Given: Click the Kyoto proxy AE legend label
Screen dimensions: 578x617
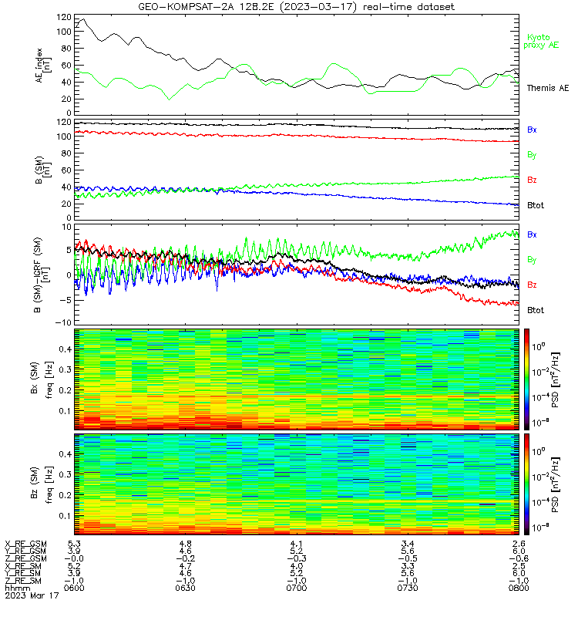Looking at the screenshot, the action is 541,42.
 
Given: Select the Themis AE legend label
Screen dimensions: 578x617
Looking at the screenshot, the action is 548,88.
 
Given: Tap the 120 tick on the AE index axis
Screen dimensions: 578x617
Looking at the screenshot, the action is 64,17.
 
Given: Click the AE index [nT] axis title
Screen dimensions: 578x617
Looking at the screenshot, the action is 43,66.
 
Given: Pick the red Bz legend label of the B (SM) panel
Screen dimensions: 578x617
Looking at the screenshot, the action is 532,180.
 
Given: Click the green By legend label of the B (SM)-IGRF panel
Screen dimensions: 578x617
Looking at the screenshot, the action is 532,260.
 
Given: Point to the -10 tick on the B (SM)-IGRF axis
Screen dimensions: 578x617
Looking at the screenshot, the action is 64,322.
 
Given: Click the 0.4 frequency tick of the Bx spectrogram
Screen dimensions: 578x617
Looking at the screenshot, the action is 65,349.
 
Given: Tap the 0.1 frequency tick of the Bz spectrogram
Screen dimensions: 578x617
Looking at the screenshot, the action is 65,515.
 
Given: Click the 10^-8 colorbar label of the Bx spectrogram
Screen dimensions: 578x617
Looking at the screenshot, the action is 539,423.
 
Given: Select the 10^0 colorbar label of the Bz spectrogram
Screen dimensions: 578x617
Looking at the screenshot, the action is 539,451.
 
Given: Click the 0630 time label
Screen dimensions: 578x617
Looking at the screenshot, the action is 185,588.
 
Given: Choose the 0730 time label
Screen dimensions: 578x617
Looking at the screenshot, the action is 408,588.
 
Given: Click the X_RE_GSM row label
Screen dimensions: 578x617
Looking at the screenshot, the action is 25,544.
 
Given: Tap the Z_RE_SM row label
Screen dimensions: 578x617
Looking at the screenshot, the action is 23,581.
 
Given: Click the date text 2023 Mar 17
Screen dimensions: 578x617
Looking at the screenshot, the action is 32,595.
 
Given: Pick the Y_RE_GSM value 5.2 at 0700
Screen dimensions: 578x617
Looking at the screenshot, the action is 297,551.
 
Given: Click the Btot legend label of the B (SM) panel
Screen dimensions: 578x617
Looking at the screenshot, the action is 536,205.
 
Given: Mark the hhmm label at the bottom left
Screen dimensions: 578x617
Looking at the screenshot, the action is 17,588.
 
